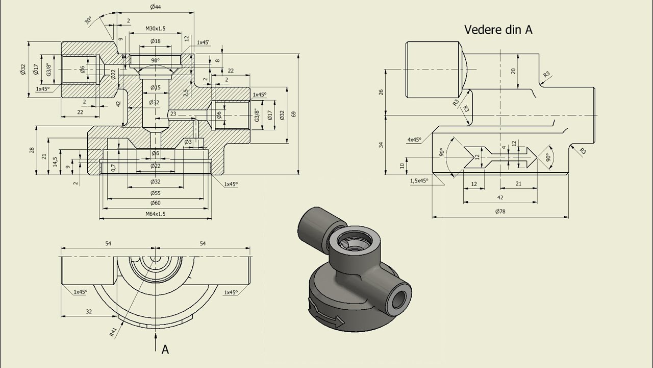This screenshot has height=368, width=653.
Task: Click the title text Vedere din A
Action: pyautogui.click(x=498, y=30)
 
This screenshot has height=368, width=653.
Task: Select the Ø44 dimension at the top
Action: pyautogui.click(x=156, y=7)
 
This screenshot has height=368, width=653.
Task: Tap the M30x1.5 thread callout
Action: pyautogui.click(x=156, y=28)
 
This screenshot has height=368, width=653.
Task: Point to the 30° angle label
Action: pyautogui.click(x=88, y=20)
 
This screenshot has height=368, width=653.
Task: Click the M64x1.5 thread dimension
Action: pyautogui.click(x=156, y=214)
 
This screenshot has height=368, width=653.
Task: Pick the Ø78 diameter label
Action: pyautogui.click(x=500, y=212)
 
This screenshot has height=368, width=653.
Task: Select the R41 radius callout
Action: pyautogui.click(x=113, y=332)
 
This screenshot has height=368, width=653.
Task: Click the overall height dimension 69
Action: pyautogui.click(x=294, y=114)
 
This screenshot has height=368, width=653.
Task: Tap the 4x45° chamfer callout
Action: pyautogui.click(x=414, y=140)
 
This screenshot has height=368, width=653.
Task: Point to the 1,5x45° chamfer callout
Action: pyautogui.click(x=419, y=180)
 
